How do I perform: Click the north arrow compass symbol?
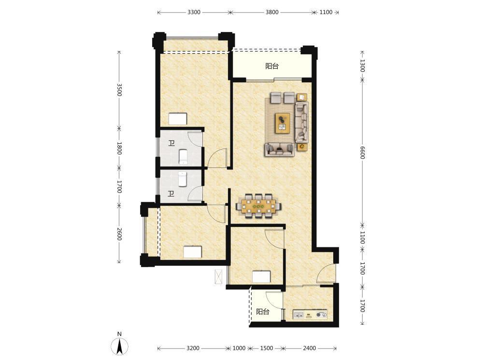click(x=119, y=346)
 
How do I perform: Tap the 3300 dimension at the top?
click(x=194, y=13)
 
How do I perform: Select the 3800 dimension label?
click(x=272, y=13)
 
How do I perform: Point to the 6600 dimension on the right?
click(x=362, y=152)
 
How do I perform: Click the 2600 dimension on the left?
click(x=119, y=234)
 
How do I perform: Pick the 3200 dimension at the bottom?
click(x=193, y=348)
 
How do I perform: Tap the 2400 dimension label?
click(x=309, y=348)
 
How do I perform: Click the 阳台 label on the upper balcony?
click(x=272, y=66)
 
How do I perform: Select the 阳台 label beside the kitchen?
click(x=263, y=312)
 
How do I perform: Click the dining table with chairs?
click(x=258, y=206)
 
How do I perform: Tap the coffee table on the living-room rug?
click(x=283, y=123)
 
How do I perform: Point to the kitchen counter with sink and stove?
click(x=310, y=315)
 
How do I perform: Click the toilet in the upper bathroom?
click(x=183, y=156)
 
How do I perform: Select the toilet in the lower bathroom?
click(x=183, y=180)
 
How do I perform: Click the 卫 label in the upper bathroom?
click(x=171, y=143)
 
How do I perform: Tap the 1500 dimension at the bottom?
click(x=267, y=348)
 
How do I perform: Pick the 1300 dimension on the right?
click(x=362, y=66)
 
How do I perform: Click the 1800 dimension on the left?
click(x=119, y=148)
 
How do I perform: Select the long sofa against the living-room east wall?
click(x=302, y=122)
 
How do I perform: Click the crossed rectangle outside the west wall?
click(x=218, y=276)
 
